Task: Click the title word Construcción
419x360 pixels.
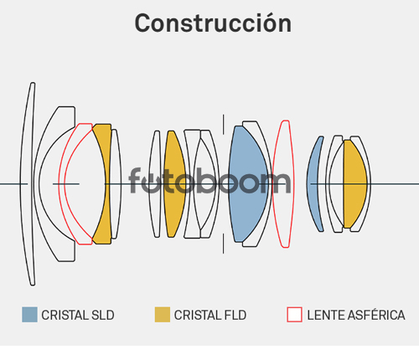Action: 213,23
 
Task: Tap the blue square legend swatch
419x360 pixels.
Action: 29,315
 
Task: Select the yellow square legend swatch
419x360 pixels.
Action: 163,315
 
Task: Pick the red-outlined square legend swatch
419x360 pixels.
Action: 294,315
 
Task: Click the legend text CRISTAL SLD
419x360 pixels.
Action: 78,315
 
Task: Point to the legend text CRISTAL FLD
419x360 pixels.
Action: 210,315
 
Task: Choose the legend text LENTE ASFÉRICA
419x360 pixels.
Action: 356,315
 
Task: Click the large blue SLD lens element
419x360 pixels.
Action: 247,184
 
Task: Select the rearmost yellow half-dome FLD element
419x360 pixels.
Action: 354,184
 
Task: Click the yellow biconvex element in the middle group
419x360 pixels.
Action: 174,184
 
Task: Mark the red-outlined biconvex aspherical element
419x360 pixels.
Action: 283,184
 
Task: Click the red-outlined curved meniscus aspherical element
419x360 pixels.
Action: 61,184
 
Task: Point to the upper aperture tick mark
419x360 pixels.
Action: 223,124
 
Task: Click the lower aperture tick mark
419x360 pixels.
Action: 223,244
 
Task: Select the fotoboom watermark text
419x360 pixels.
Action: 209,181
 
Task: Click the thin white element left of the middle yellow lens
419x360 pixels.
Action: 155,184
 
